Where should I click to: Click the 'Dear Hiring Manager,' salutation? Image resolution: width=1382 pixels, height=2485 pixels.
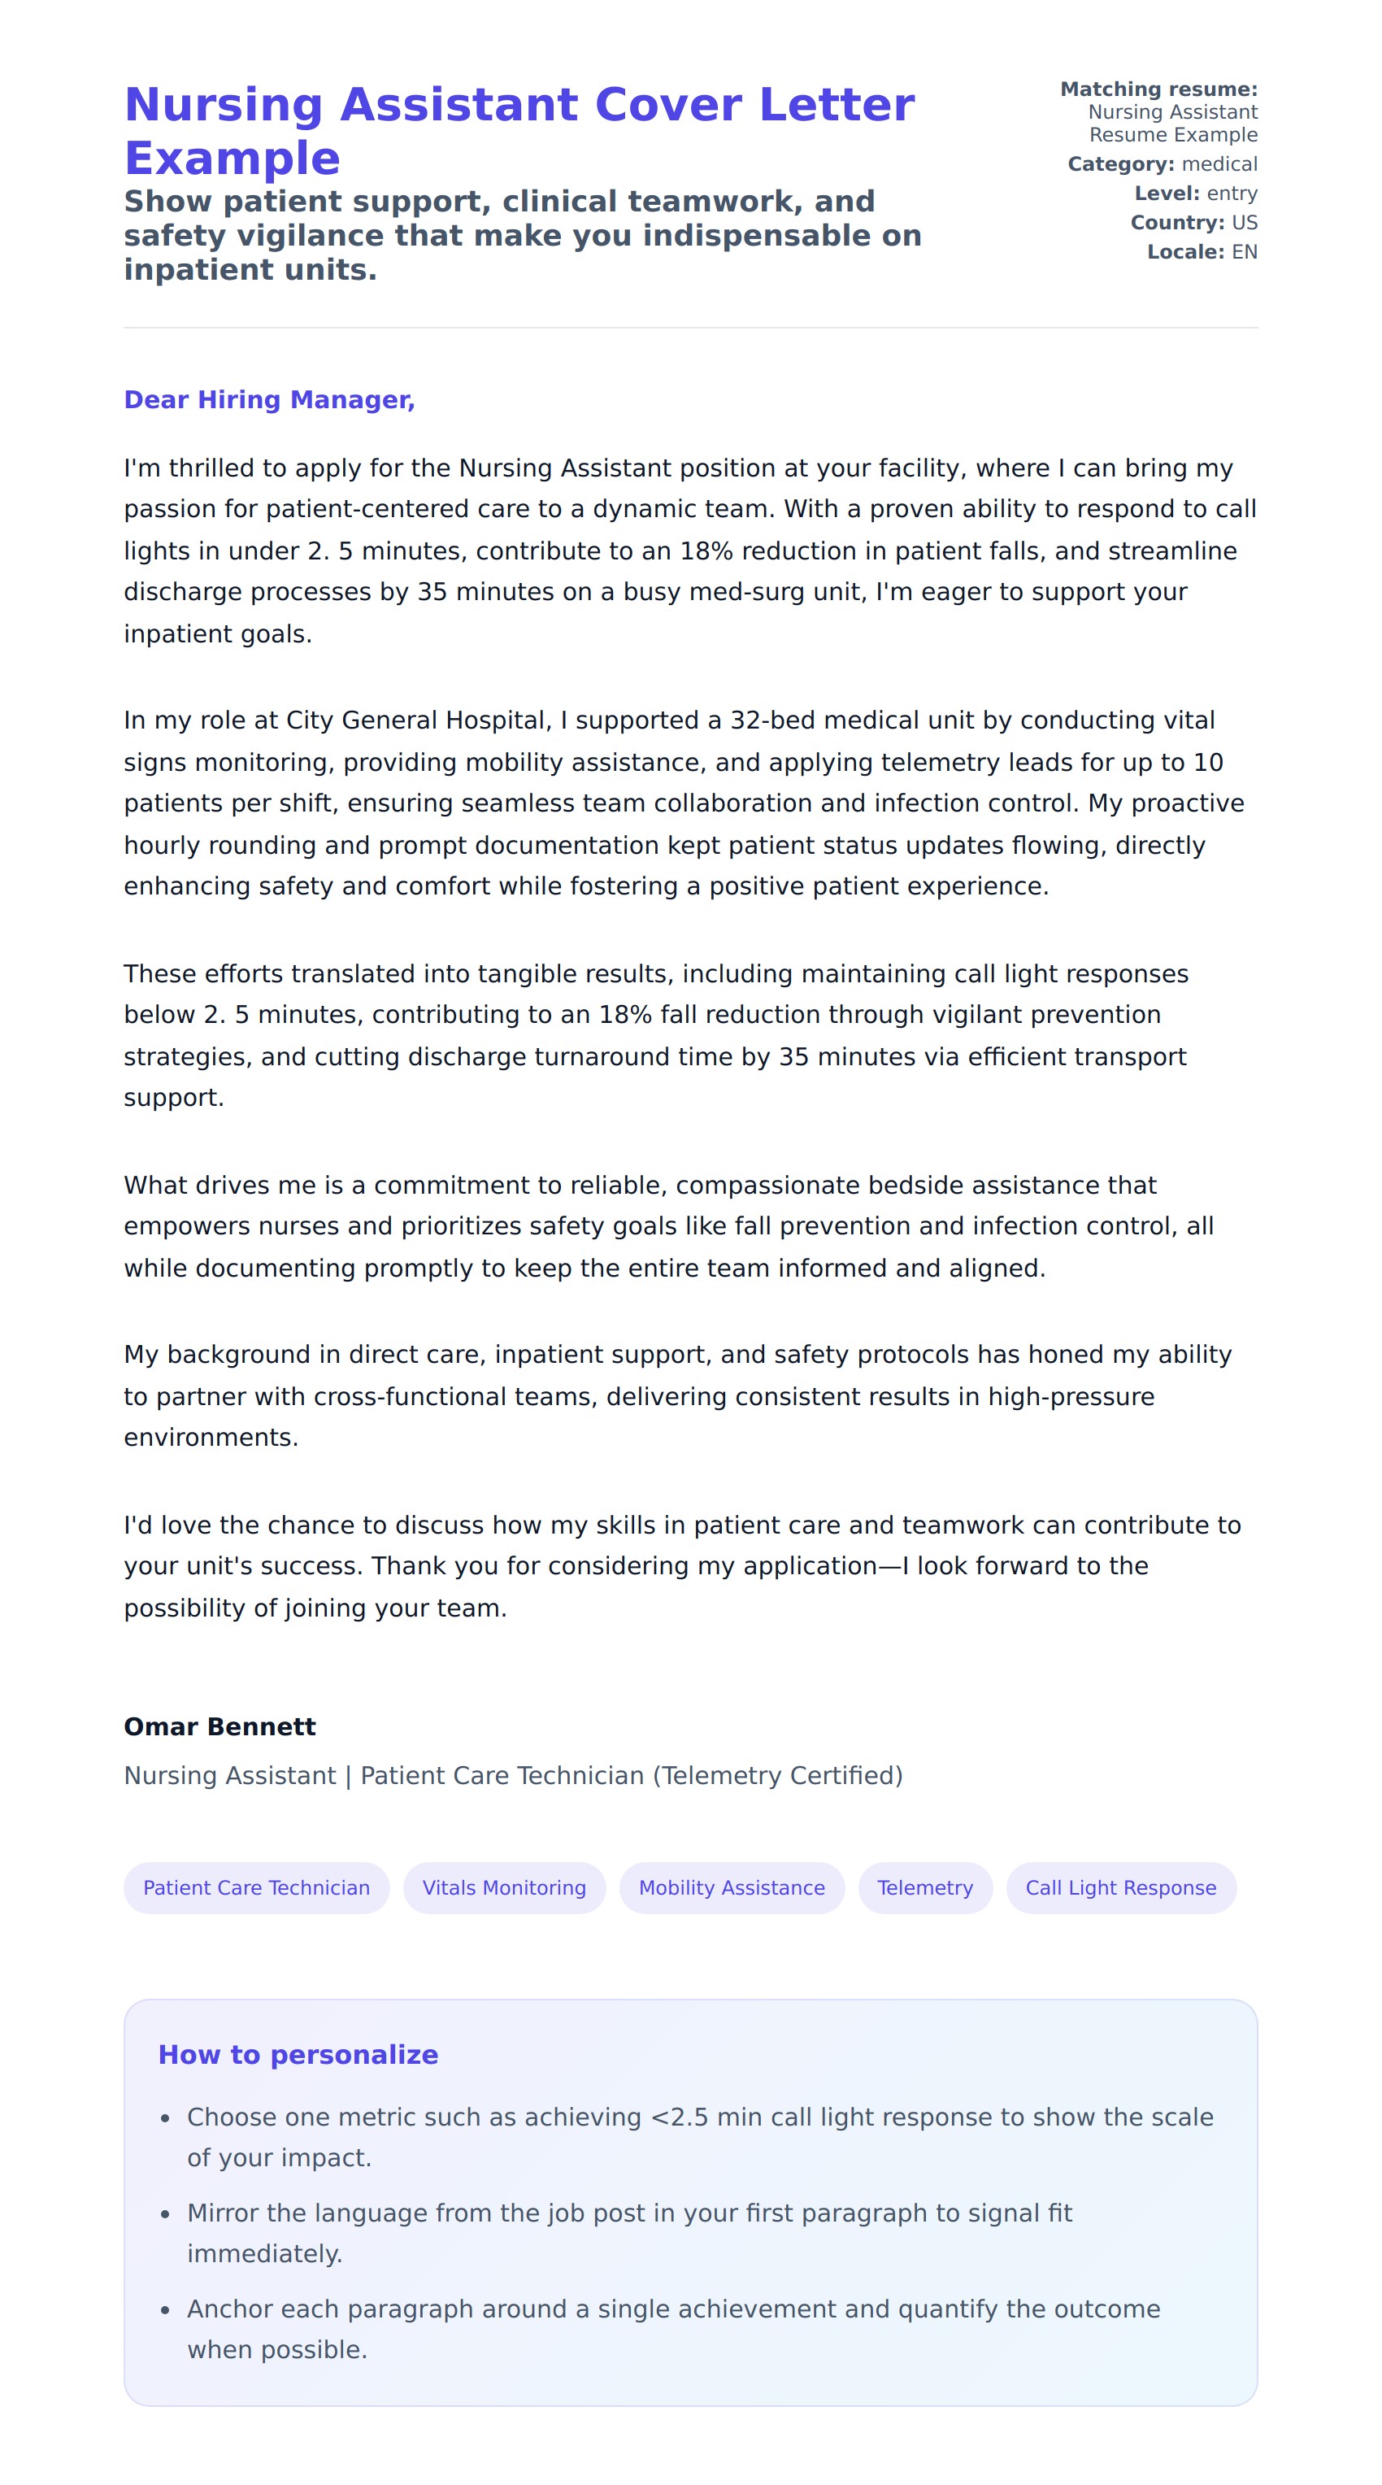[x=269, y=399]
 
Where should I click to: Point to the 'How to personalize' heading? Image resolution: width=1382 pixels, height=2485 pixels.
[x=298, y=2054]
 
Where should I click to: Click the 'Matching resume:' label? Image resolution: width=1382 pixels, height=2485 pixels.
[x=1158, y=89]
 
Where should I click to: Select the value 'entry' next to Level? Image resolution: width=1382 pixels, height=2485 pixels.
[x=1232, y=193]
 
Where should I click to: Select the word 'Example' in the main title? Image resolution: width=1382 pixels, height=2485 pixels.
[x=233, y=159]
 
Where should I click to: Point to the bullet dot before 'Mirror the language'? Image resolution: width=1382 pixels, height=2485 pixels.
[x=165, y=2214]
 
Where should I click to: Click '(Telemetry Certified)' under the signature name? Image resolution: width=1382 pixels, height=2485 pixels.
[x=777, y=1775]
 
